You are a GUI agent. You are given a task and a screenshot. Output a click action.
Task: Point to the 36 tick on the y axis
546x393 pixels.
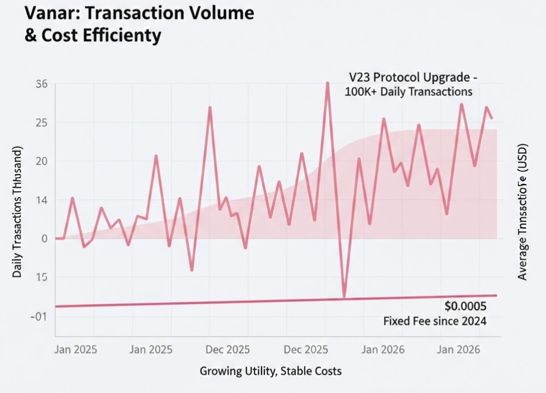[x=42, y=84]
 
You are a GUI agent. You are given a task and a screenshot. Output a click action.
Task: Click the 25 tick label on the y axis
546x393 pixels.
[x=42, y=123]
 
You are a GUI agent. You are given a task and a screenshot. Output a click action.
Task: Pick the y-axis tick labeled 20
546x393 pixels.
[x=42, y=161]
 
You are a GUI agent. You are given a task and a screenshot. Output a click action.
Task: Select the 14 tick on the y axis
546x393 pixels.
[x=42, y=200]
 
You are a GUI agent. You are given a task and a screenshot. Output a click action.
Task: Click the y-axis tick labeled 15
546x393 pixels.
[x=42, y=277]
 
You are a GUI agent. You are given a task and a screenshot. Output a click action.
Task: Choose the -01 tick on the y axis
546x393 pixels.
[x=40, y=316]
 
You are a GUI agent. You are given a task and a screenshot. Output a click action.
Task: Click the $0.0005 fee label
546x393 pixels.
[x=466, y=306]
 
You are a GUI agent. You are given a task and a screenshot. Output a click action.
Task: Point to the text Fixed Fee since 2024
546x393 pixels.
[x=435, y=321]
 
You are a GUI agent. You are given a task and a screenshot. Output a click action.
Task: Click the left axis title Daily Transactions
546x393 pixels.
[x=18, y=214]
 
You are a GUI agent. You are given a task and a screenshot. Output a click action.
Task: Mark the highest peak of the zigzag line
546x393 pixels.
[x=327, y=83]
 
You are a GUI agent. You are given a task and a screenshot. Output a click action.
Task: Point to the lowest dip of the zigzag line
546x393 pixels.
[x=345, y=297]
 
